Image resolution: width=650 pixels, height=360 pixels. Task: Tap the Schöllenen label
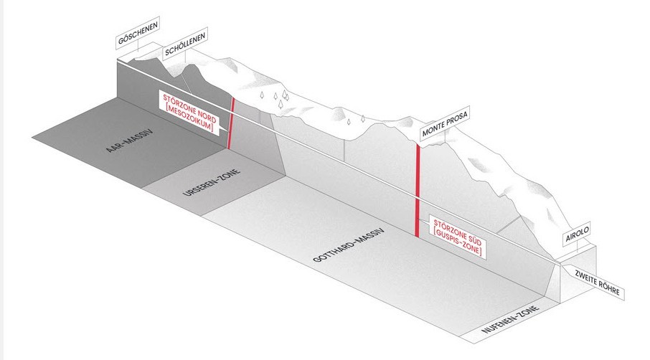pos(185,44)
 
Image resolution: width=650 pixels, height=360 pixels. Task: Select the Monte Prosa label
pos(445,123)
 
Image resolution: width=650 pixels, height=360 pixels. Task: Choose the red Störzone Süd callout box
pos(457,237)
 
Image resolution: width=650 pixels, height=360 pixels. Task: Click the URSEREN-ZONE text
pos(212,182)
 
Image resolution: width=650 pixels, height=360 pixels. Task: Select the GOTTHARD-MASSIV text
pos(349,245)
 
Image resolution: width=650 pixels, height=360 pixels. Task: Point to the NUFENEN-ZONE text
pos(510,319)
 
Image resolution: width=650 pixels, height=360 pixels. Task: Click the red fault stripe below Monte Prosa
pos(418,190)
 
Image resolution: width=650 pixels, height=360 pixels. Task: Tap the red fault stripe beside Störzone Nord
pos(230,123)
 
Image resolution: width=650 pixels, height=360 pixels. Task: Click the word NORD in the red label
pos(206,116)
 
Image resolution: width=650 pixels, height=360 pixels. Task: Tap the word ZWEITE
pos(585,279)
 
